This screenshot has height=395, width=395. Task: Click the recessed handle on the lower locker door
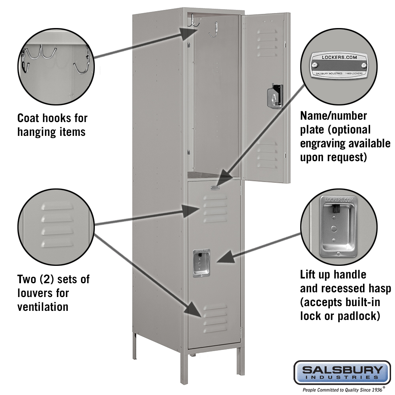201,262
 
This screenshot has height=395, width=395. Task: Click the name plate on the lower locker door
215,188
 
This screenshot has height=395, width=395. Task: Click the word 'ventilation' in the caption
43,307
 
